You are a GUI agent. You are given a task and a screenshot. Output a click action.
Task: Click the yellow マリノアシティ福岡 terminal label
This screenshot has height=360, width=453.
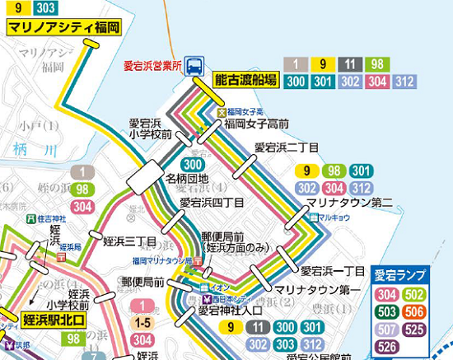pos(63,27)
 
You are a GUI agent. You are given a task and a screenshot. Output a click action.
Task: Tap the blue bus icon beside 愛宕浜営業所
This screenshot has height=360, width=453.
pos(196,63)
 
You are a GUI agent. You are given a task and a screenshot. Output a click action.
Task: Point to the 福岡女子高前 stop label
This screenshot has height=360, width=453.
pos(256,124)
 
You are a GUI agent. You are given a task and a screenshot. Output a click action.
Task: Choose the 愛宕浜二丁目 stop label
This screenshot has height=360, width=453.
pos(286,147)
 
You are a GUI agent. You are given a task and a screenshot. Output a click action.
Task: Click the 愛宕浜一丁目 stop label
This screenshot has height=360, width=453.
pos(332,271)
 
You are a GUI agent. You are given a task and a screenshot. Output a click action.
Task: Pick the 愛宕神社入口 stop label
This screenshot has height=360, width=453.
pos(230,311)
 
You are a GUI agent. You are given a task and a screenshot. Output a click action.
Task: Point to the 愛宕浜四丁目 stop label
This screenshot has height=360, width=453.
pos(212,202)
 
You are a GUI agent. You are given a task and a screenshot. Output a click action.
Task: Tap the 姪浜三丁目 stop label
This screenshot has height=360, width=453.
pos(130,242)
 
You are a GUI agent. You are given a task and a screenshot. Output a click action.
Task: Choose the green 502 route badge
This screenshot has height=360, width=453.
pos(414,294)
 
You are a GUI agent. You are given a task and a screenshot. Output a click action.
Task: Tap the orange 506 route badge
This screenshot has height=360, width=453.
pos(414,312)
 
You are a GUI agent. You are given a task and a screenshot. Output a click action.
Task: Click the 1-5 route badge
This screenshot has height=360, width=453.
pos(142,324)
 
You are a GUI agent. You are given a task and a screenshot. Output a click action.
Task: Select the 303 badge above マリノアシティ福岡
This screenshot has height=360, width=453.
pos(47,9)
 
